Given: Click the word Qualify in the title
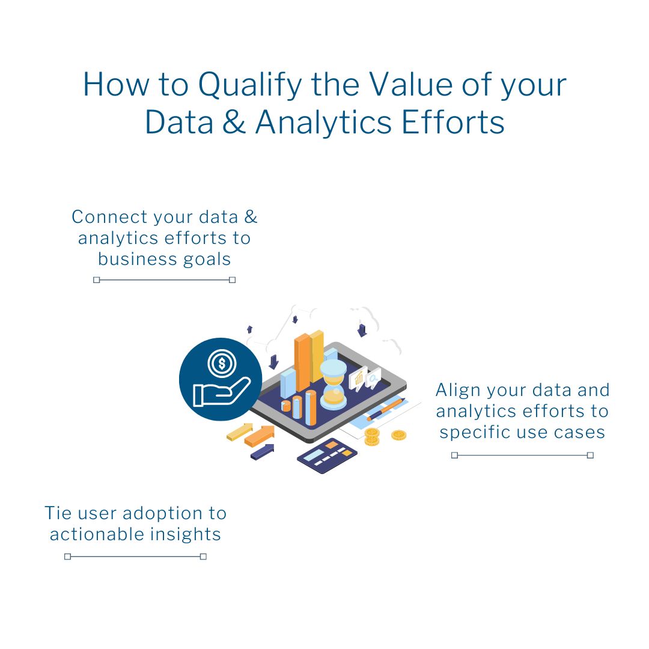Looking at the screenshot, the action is pyautogui.click(x=250, y=85).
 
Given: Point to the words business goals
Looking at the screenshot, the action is pyautogui.click(x=164, y=260).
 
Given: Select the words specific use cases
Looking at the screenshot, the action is pyautogui.click(x=522, y=433).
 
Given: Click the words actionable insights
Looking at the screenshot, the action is pyautogui.click(x=135, y=534).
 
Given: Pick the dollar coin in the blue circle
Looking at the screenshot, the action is pyautogui.click(x=222, y=364).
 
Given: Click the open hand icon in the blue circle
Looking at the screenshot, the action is pyautogui.click(x=221, y=392).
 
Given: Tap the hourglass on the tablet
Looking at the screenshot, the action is pyautogui.click(x=333, y=385).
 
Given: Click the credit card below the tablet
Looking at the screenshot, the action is pyautogui.click(x=327, y=456).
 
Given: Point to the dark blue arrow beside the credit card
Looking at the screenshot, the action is pyautogui.click(x=263, y=451).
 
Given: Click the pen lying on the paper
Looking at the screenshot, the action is pyautogui.click(x=385, y=409).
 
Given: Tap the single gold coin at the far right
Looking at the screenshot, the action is pyautogui.click(x=398, y=435).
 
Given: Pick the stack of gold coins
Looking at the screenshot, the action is pyautogui.click(x=372, y=437).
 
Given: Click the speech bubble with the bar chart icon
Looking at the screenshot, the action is pyautogui.click(x=358, y=379).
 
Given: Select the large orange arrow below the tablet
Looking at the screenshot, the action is pyautogui.click(x=260, y=436).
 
